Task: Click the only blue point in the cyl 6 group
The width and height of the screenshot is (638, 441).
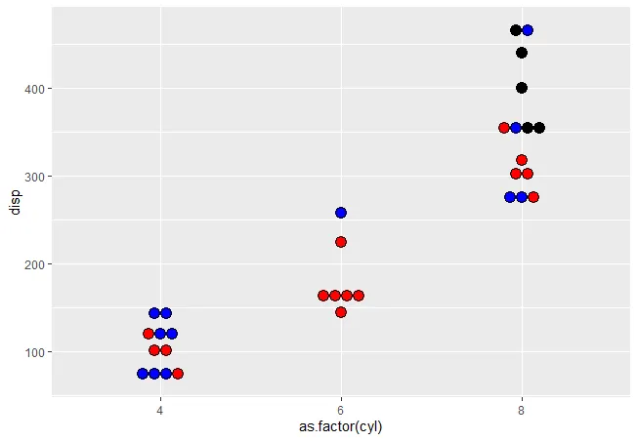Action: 341,213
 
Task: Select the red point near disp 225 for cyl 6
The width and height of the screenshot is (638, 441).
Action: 341,242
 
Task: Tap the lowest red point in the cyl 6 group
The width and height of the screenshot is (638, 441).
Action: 341,312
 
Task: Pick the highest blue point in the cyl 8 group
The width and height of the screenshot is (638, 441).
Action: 528,30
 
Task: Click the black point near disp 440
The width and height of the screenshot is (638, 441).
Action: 522,53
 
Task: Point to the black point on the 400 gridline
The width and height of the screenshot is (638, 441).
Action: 522,88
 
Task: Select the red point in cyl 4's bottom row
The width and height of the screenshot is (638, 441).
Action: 178,374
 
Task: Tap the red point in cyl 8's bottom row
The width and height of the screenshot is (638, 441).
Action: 533,197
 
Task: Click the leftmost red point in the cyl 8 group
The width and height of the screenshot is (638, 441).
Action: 504,128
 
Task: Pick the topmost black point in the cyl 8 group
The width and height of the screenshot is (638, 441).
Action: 516,30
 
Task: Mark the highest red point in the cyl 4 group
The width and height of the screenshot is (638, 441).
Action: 149,334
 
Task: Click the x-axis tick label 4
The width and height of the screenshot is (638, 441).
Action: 160,410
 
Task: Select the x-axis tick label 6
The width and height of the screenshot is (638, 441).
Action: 341,410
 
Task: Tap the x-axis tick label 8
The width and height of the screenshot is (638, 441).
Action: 522,410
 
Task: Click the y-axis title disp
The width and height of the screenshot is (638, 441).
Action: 14,201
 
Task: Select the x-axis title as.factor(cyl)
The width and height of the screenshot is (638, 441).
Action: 341,427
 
